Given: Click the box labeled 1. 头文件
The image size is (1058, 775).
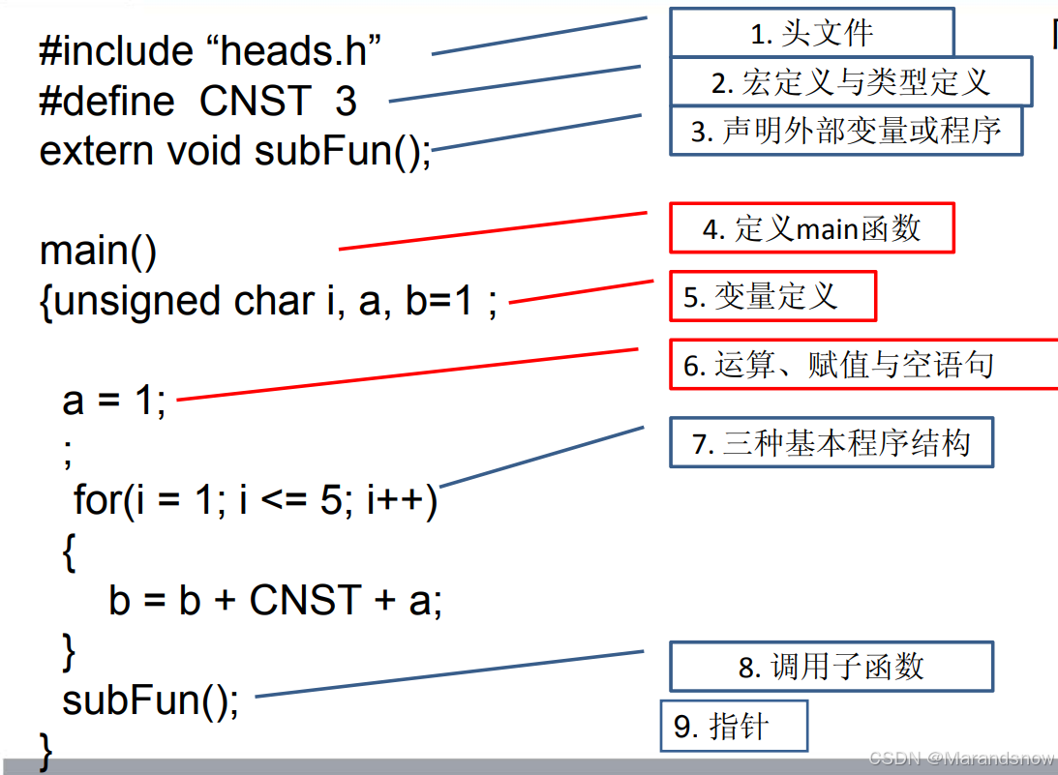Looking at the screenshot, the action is [811, 34].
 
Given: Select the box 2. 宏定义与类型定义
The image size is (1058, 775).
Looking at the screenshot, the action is [851, 82].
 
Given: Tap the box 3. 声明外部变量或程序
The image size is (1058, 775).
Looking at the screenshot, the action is [846, 131].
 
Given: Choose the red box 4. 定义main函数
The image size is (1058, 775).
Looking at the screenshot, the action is [811, 229].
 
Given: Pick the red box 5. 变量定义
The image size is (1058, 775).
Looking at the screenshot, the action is [772, 296].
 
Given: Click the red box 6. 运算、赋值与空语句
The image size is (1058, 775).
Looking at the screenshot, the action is [862, 365].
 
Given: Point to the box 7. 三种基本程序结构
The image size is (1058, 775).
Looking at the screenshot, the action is [831, 443].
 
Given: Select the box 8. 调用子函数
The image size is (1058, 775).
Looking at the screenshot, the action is [831, 667].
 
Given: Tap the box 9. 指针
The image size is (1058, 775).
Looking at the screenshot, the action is [733, 726].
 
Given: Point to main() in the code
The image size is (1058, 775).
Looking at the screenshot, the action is [98, 252].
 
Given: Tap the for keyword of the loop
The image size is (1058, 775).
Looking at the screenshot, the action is [96, 501].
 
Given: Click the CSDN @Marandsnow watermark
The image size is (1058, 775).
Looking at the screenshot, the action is [961, 759].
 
